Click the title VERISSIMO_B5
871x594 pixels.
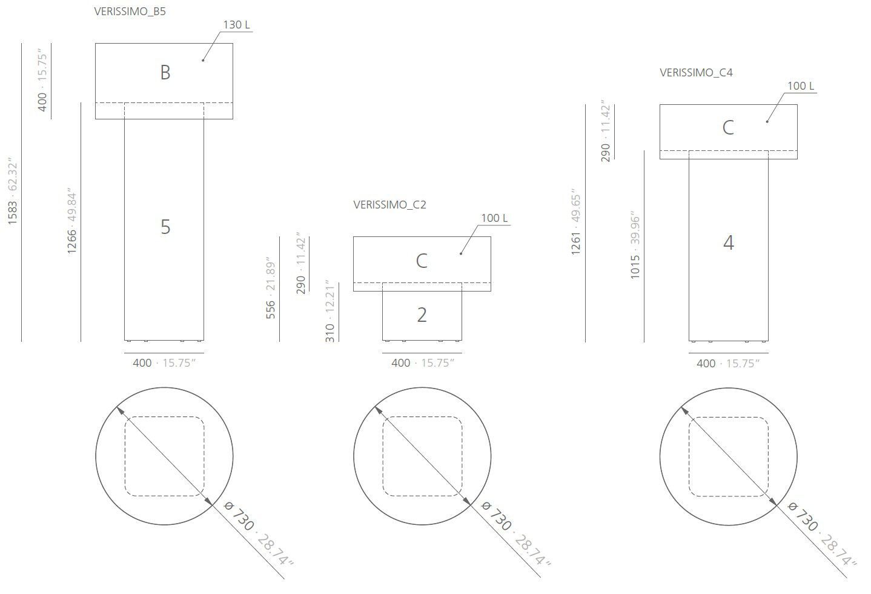tap(130, 12)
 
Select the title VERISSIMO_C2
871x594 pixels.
tap(389, 205)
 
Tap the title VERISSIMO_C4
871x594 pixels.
tap(696, 73)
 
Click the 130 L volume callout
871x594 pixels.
tap(236, 25)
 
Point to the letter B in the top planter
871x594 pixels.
tap(165, 73)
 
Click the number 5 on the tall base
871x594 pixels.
tap(165, 227)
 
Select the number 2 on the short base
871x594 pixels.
tap(422, 315)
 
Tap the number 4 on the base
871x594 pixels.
tap(728, 243)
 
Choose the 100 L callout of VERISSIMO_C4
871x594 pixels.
tap(800, 86)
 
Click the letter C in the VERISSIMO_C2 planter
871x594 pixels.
tap(422, 261)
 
